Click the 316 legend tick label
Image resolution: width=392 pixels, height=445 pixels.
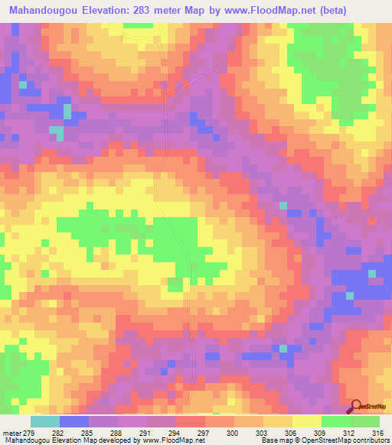(377, 432)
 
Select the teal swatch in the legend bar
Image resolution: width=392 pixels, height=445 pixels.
(45, 421)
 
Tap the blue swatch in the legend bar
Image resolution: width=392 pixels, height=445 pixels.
(74, 421)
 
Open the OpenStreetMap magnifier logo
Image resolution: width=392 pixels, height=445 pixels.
(354, 406)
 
